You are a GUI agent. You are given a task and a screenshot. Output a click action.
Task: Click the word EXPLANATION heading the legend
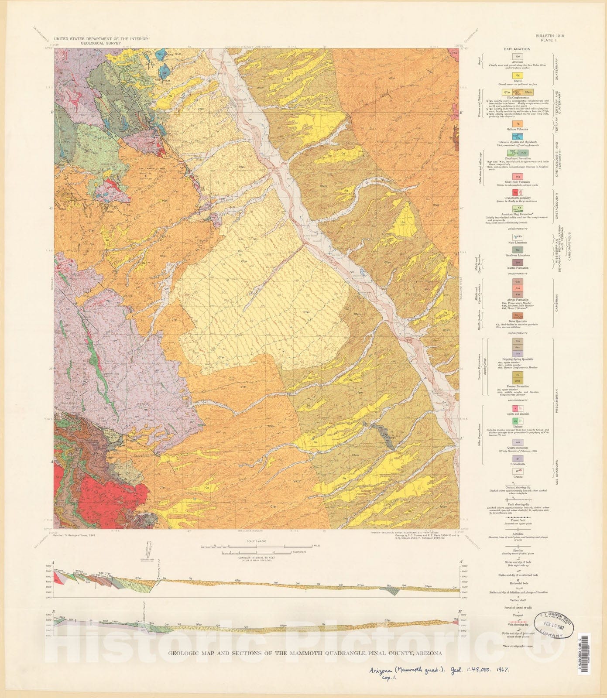point(517,49)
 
